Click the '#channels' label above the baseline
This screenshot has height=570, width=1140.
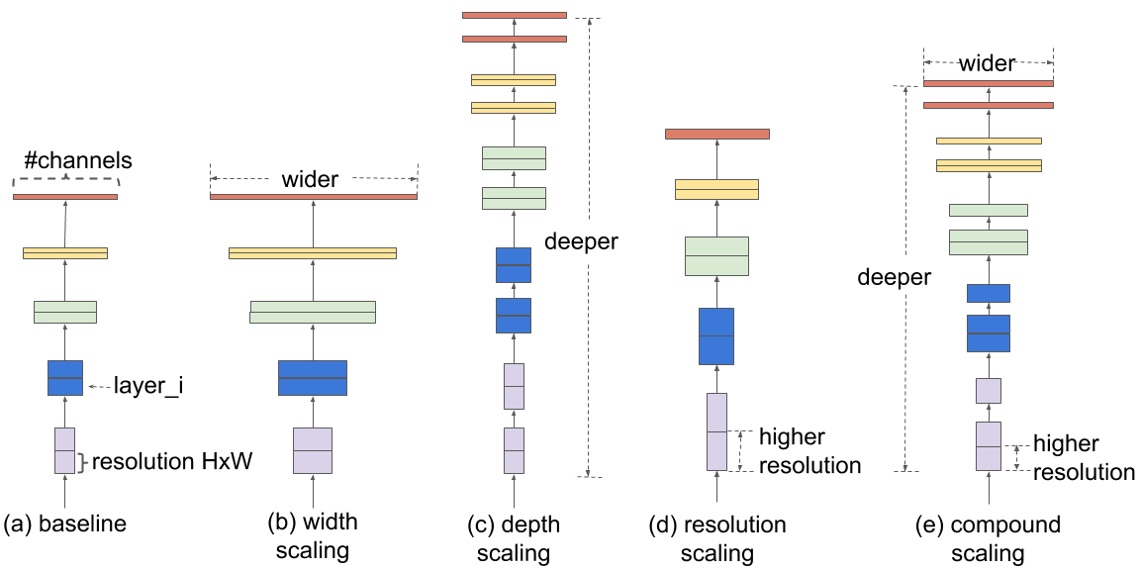[x=78, y=160]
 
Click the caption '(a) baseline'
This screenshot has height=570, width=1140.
[x=65, y=523]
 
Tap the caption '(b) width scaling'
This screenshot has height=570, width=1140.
[x=313, y=535]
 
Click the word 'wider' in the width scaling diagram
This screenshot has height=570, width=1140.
[x=310, y=180]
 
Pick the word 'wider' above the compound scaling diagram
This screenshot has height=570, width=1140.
[x=988, y=64]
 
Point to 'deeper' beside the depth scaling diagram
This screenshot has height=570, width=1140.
[x=581, y=241]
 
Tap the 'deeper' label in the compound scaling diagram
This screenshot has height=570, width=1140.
[x=894, y=277]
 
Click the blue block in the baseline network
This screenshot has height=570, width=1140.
[x=65, y=378]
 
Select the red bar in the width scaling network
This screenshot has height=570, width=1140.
[x=314, y=197]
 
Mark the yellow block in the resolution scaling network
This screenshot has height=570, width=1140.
[x=716, y=189]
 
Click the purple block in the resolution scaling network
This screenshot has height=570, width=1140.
[x=716, y=431]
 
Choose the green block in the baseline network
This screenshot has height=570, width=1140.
[x=65, y=312]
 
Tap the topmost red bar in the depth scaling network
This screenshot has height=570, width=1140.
[x=514, y=15]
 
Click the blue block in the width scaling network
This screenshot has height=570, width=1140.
[x=313, y=378]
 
